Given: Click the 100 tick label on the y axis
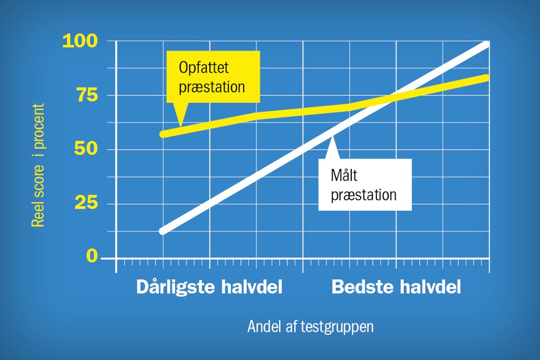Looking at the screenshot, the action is click(80, 41).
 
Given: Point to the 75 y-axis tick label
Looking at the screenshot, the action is click(88, 95).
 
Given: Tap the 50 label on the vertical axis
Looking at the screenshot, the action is click(86, 149).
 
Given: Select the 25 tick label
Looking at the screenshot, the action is click(86, 203).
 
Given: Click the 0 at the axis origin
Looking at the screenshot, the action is click(92, 256).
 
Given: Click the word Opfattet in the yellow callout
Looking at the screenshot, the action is click(204, 67).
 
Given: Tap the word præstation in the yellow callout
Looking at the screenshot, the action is click(212, 87).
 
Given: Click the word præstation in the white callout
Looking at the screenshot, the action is click(364, 195).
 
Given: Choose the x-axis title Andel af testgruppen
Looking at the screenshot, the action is click(310, 327).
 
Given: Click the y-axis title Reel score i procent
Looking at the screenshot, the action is click(38, 165).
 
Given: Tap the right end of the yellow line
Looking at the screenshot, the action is click(486, 78).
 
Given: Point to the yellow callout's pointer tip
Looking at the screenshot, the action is click(180, 126).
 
